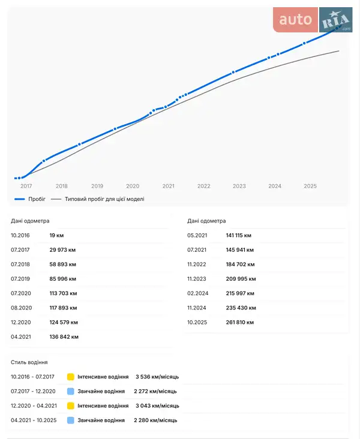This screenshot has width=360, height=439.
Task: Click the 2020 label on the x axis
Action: click(133, 186)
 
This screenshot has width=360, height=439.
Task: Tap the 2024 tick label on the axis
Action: click(275, 186)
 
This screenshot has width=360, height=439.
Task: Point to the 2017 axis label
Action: click(26, 186)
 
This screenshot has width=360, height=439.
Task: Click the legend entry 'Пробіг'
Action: click(37, 199)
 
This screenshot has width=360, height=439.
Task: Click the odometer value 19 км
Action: click(57, 236)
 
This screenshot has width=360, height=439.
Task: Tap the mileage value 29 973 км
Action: click(62, 250)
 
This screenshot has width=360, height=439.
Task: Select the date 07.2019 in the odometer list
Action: click(20, 279)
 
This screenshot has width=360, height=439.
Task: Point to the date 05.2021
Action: click(197, 236)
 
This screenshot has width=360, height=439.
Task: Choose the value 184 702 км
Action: click(241, 264)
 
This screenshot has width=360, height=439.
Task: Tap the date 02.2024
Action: click(197, 293)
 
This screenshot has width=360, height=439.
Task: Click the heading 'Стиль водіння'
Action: click(29, 362)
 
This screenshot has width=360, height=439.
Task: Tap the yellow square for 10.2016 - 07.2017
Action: click(71, 377)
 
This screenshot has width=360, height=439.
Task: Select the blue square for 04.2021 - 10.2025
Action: click(71, 420)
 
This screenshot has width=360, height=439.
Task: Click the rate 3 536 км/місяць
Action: click(157, 377)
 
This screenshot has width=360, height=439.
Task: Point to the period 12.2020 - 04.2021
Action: click(34, 405)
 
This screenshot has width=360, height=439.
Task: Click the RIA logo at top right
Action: click(335, 20)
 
